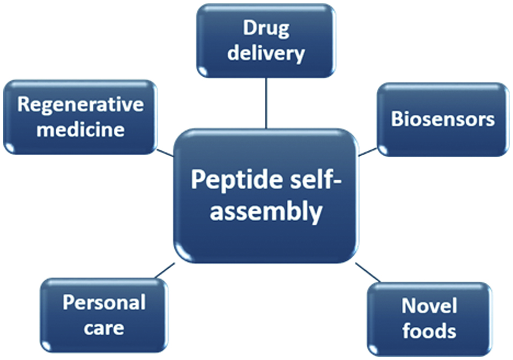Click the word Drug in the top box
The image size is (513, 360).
(x=266, y=28)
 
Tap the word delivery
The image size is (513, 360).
(x=266, y=53)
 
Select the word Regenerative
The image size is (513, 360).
(x=80, y=104)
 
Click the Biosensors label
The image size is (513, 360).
(x=443, y=119)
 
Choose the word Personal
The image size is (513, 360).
(x=104, y=303)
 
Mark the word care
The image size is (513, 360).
(x=104, y=327)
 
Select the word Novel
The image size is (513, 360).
(x=429, y=306)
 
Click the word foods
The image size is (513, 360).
(x=429, y=330)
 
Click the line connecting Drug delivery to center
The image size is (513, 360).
(x=266, y=103)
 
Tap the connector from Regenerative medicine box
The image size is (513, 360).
(x=165, y=152)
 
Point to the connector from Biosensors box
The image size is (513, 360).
(x=368, y=152)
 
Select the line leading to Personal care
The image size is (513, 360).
(x=164, y=270)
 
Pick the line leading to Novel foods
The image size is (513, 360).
(x=368, y=272)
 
